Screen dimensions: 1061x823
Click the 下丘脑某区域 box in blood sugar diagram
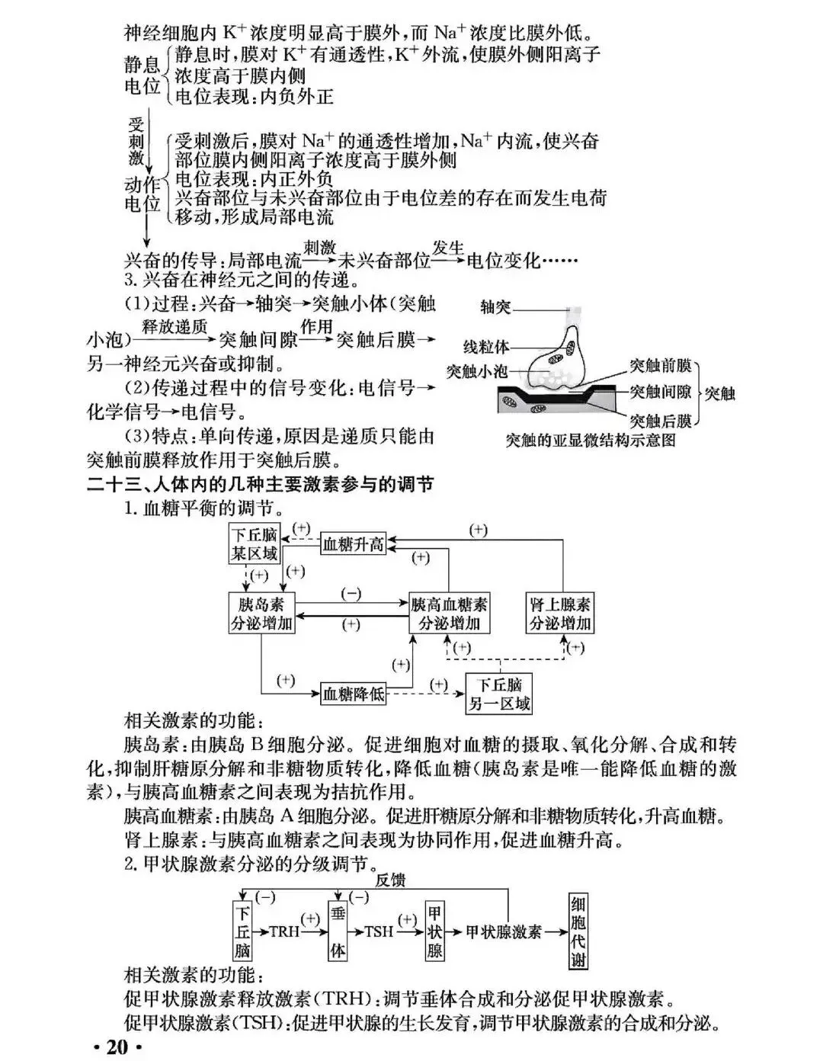point(255,543)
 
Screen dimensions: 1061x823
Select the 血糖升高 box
point(354,543)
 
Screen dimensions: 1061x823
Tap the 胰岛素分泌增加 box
point(261,614)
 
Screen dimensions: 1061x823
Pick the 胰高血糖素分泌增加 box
point(449,614)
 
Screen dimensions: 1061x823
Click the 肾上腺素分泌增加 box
point(560,614)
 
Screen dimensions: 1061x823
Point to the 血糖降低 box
point(354,694)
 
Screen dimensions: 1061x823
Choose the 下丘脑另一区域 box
point(499,694)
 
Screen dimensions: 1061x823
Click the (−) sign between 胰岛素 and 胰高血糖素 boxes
point(351,595)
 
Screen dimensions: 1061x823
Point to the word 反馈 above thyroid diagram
point(389,880)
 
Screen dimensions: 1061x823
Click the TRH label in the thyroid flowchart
point(284,931)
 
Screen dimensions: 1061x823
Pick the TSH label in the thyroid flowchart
point(379,931)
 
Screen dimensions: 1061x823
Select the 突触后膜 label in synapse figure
point(661,421)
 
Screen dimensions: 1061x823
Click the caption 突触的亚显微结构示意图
point(591,441)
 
